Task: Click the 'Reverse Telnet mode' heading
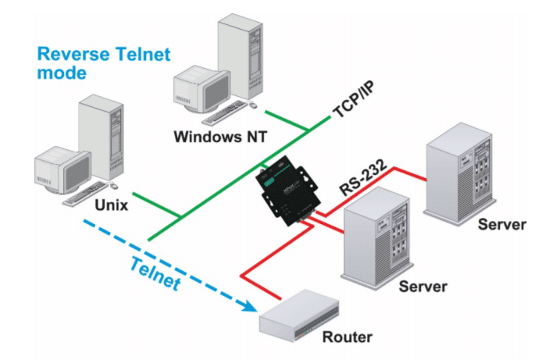103,63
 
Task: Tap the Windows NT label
220,137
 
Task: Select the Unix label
112,205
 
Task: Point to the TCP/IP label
354,100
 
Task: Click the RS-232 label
363,177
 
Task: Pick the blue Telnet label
155,274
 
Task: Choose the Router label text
348,337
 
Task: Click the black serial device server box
288,191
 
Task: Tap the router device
299,315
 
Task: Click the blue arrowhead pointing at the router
250,305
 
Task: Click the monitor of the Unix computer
62,169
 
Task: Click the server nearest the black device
376,238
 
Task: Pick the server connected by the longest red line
459,174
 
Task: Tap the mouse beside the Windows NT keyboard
253,105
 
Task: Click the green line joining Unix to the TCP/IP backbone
157,205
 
